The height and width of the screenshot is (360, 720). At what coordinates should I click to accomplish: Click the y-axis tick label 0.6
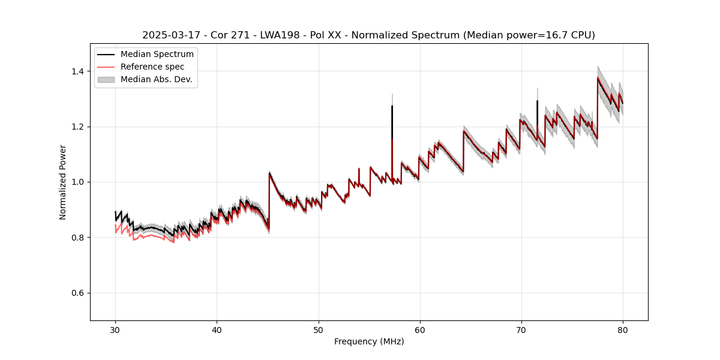point(79,293)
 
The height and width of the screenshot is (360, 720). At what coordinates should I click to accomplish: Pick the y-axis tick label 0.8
point(79,238)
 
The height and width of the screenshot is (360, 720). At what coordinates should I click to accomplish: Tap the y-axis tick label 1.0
point(79,182)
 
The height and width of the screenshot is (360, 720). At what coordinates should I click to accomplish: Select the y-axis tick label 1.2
point(79,127)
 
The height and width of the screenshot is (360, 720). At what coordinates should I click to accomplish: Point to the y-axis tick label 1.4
point(79,71)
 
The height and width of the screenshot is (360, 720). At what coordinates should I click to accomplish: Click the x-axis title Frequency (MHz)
point(369,341)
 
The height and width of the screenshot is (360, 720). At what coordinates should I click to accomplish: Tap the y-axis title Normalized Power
point(63,182)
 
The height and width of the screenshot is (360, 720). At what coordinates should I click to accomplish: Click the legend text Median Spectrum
point(157,55)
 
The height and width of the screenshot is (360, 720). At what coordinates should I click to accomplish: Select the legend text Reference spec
point(152,67)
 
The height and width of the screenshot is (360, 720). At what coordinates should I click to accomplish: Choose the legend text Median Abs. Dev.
point(156,79)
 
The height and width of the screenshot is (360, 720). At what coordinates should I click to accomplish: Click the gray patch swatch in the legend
point(106,79)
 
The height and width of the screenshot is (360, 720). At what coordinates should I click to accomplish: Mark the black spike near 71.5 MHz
point(537,108)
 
